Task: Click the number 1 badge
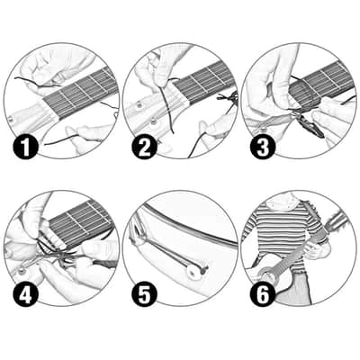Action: point(25,147)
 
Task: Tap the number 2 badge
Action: point(145,147)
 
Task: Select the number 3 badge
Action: point(263,147)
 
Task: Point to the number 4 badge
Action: point(25,295)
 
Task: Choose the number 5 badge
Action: point(145,295)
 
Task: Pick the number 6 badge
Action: point(263,295)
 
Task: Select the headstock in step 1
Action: point(29,115)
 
